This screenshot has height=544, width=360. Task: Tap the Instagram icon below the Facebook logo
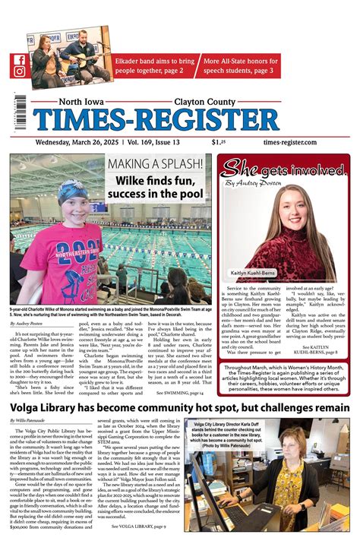pyautogui.click(x=19, y=73)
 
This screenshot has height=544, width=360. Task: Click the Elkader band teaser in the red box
pyautogui.click(x=155, y=66)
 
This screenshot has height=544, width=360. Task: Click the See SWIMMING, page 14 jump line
pyautogui.click(x=179, y=393)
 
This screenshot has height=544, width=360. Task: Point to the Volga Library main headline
pyautogui.click(x=179, y=408)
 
